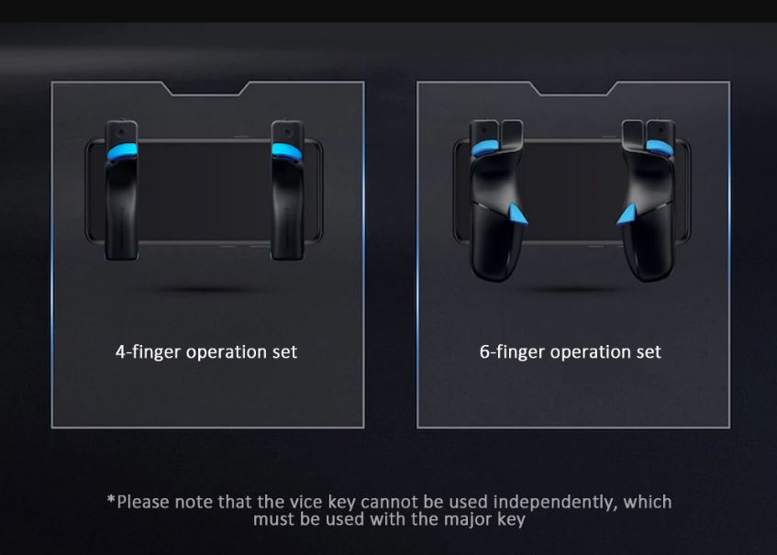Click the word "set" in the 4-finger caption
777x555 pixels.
284,352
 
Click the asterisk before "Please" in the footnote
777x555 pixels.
111,500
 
